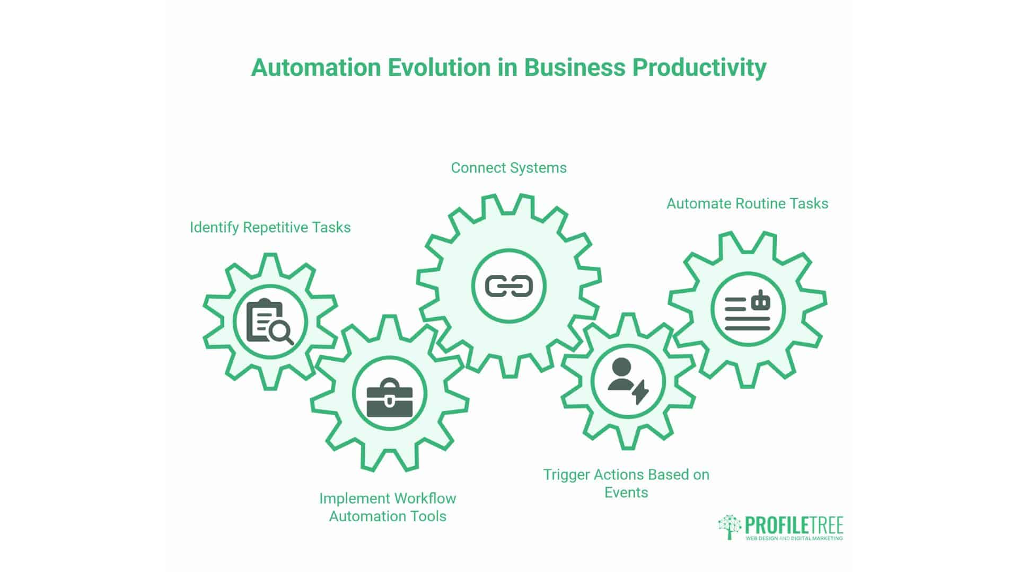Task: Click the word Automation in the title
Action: click(x=316, y=68)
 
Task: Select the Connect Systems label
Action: click(x=508, y=168)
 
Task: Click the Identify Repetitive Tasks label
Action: click(x=270, y=228)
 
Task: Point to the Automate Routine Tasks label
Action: click(x=747, y=204)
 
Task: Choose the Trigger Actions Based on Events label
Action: click(x=626, y=483)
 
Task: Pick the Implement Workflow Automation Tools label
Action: click(x=388, y=507)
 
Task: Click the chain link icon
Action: click(x=508, y=287)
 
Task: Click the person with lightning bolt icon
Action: click(x=627, y=381)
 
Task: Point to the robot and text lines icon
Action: click(x=747, y=310)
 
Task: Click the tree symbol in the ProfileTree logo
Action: click(x=730, y=526)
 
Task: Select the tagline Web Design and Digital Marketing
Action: click(x=794, y=539)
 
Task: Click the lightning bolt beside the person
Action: click(x=640, y=391)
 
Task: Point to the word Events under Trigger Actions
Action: click(x=626, y=493)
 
